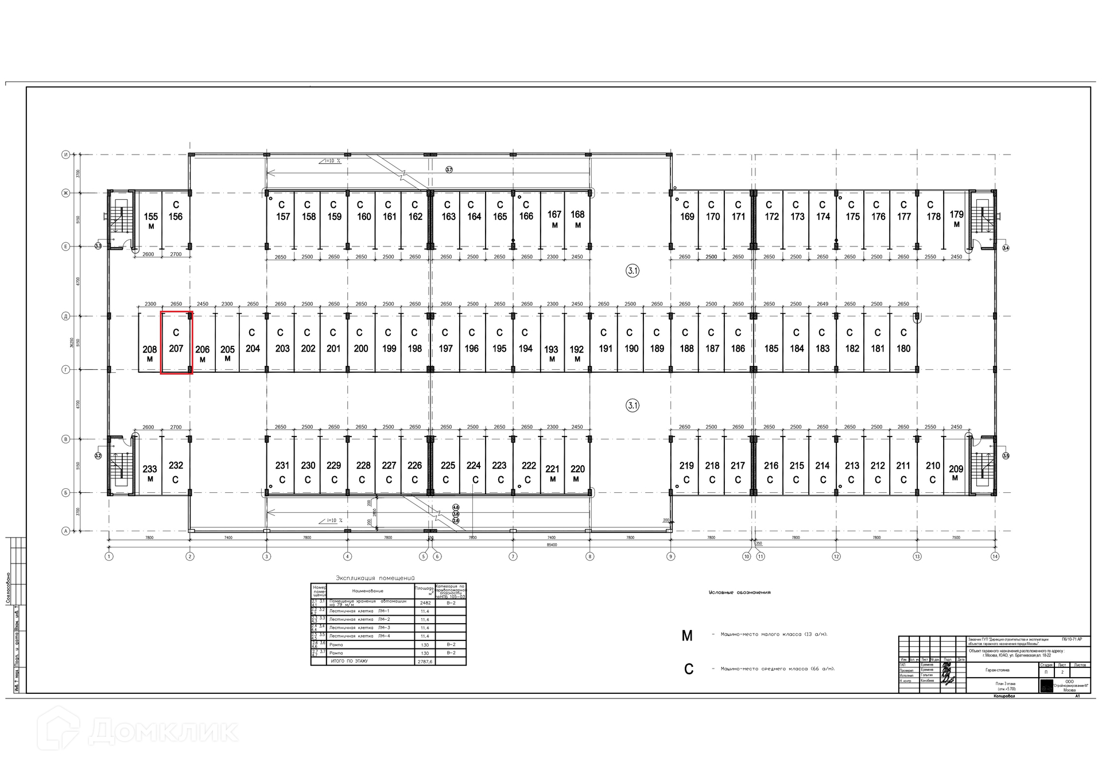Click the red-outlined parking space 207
click(x=176, y=343)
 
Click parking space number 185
click(x=771, y=349)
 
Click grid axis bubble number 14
click(x=995, y=556)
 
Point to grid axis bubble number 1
click(x=109, y=556)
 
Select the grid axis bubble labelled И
click(x=66, y=155)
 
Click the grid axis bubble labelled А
click(x=66, y=531)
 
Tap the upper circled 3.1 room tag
click(x=633, y=271)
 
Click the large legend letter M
click(x=687, y=636)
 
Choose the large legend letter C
click(x=689, y=669)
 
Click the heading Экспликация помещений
click(x=375, y=578)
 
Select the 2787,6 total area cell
click(x=425, y=662)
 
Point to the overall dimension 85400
click(x=552, y=545)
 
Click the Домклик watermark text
click(x=163, y=731)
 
